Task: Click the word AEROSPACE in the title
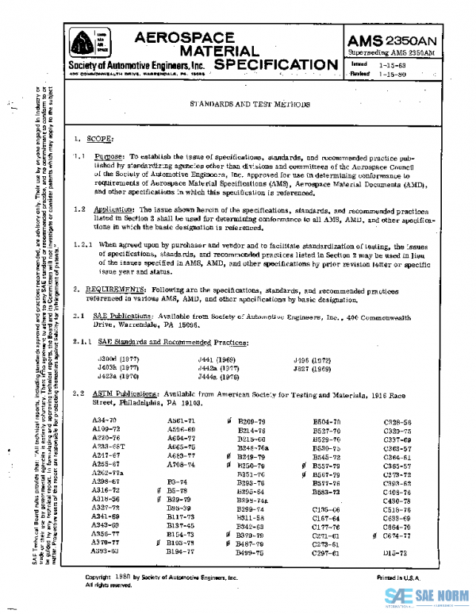(x=186, y=38)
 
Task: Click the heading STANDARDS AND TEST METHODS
(x=250, y=104)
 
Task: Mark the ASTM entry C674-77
(x=397, y=535)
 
